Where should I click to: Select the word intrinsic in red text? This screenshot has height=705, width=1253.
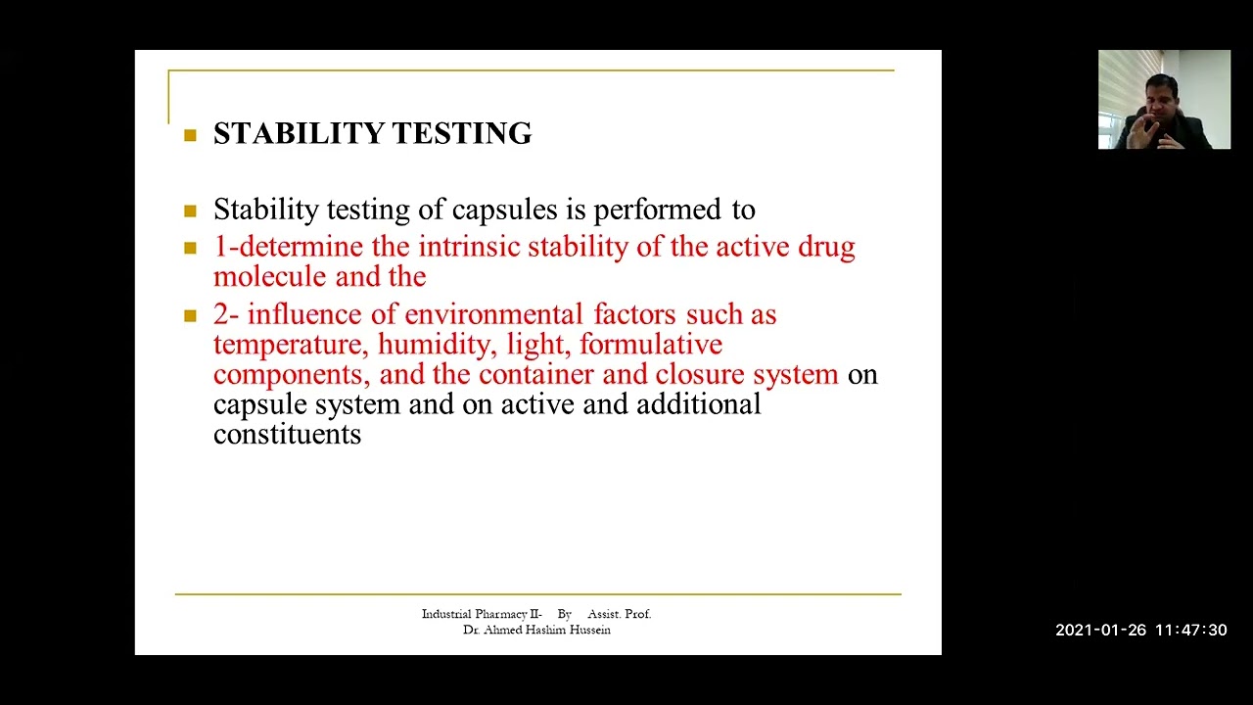(x=473, y=247)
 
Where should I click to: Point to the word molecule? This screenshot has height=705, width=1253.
(x=270, y=277)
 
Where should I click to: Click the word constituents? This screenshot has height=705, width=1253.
(x=287, y=435)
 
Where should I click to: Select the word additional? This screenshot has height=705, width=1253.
(x=698, y=404)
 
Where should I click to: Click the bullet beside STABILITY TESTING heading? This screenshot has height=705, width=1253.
(x=190, y=135)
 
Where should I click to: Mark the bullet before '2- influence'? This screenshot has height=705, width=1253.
(x=190, y=316)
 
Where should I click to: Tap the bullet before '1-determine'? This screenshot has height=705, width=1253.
(x=190, y=248)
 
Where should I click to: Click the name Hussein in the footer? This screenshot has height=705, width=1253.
(x=589, y=630)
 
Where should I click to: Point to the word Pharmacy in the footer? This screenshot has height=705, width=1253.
(x=501, y=614)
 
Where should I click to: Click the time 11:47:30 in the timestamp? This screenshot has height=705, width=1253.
(x=1190, y=631)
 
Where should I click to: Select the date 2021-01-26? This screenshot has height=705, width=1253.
(x=1099, y=631)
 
